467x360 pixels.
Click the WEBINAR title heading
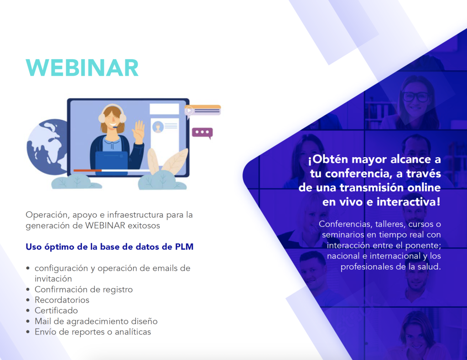82,68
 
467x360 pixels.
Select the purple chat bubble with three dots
202,133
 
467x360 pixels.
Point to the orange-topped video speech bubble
202,110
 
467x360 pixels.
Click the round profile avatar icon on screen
158,127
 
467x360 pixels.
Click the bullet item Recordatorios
62,300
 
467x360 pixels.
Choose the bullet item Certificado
56,311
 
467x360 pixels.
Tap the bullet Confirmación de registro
84,289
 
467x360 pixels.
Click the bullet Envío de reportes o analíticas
93,332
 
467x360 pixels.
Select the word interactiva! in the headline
408,202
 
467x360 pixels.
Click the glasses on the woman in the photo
416,97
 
